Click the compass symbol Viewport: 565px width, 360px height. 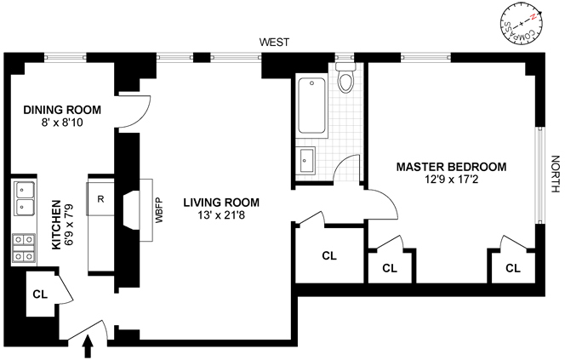pyautogui.click(x=520, y=25)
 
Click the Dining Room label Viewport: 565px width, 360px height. pyautogui.click(x=62, y=110)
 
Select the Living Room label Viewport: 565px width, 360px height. pyautogui.click(x=220, y=203)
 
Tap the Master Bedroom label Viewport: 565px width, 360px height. pyautogui.click(x=451, y=167)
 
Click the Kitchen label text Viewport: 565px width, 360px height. pyautogui.click(x=56, y=225)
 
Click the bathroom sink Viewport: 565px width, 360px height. pyautogui.click(x=307, y=160)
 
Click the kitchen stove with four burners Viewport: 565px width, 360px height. pyautogui.click(x=23, y=248)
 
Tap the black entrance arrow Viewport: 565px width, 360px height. pyautogui.click(x=88, y=347)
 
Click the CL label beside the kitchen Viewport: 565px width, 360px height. pyautogui.click(x=40, y=294)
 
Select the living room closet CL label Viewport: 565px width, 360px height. pyautogui.click(x=329, y=254)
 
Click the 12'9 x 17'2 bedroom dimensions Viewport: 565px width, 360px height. pyautogui.click(x=451, y=180)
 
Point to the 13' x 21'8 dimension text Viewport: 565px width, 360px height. pyautogui.click(x=220, y=217)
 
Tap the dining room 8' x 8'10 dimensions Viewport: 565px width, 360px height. pyautogui.click(x=62, y=123)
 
